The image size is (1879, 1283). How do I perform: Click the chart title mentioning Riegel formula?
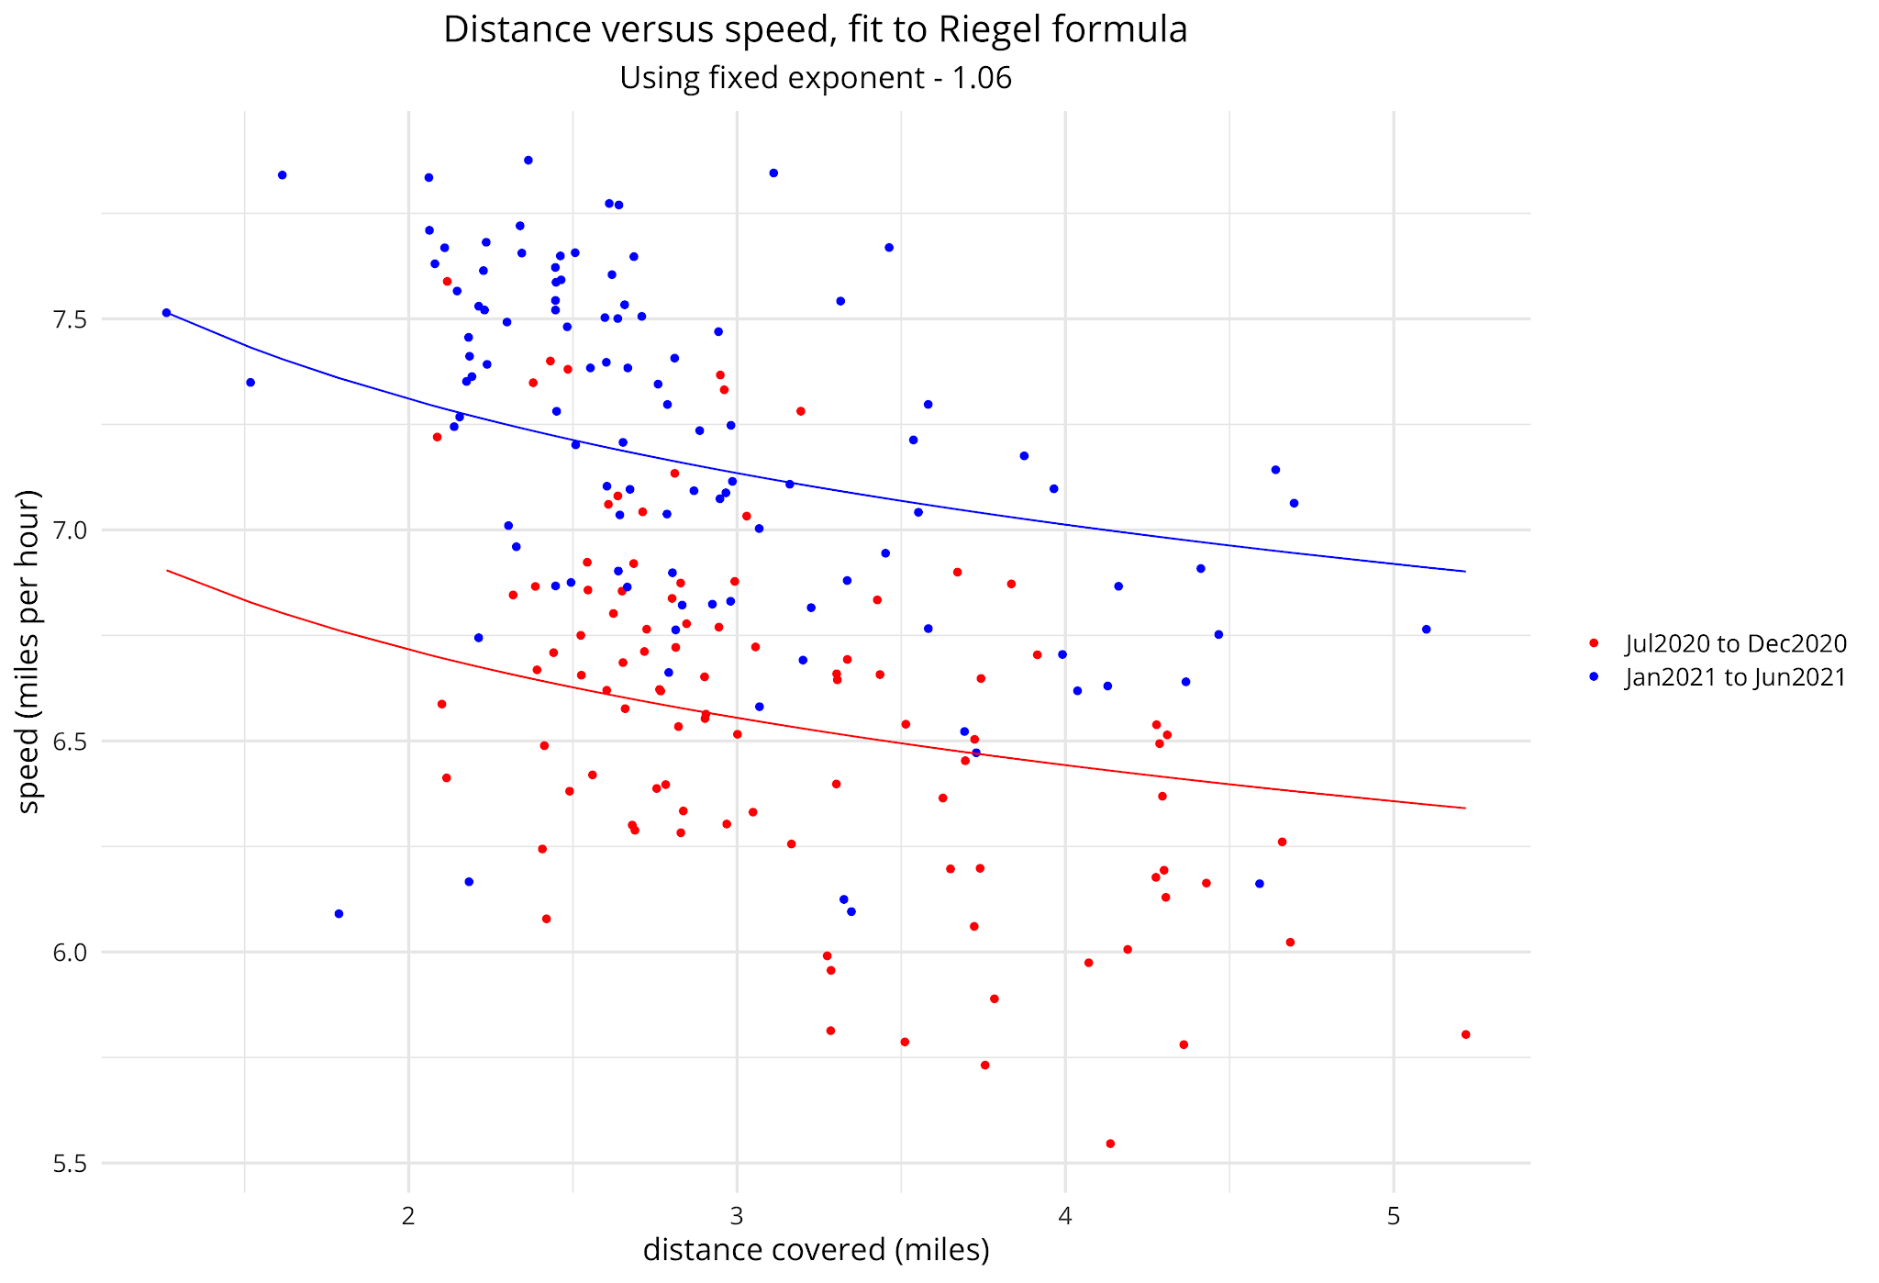tap(815, 29)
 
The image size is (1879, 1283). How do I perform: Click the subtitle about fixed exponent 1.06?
tap(815, 78)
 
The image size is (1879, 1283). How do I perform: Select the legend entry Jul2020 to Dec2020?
tap(1735, 643)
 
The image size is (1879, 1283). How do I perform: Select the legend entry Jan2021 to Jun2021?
tap(1735, 677)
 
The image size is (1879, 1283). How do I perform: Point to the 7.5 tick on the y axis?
tap(69, 319)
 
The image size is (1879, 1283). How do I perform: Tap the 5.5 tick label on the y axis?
tap(69, 1164)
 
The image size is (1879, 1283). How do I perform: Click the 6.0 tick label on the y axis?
tap(69, 953)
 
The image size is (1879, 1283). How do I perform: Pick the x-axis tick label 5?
tap(1393, 1217)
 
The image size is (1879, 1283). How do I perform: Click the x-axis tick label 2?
tap(408, 1217)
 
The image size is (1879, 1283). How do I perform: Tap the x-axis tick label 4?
tap(1064, 1217)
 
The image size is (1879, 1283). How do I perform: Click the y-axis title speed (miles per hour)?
tap(29, 651)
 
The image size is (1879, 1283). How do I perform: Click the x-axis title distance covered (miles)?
tap(816, 1250)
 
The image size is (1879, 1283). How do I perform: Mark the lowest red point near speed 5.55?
tap(1110, 1144)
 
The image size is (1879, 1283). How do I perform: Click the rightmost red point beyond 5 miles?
tap(1465, 1034)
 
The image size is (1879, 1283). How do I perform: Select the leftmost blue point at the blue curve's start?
tap(166, 312)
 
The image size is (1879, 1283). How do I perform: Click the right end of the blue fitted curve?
tap(1464, 572)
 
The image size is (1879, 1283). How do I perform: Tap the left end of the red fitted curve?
tap(168, 571)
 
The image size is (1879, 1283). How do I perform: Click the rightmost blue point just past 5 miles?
tap(1426, 629)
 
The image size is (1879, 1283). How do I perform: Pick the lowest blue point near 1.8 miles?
tap(339, 913)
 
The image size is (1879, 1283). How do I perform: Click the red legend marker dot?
tap(1594, 643)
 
